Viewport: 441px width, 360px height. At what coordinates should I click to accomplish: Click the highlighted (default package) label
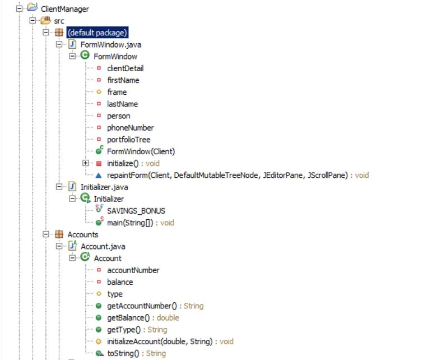(x=98, y=33)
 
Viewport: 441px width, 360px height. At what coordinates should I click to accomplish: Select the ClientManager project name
(x=64, y=9)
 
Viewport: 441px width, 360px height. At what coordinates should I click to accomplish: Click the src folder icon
(x=45, y=21)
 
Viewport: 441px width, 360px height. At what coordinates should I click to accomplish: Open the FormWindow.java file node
(x=111, y=45)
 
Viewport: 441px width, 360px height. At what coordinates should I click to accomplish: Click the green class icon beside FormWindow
(x=85, y=56)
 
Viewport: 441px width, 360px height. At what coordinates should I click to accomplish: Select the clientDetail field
(x=125, y=68)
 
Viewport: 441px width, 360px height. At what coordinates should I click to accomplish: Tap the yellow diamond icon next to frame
(x=99, y=92)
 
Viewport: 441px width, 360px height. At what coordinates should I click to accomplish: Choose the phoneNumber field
(x=130, y=128)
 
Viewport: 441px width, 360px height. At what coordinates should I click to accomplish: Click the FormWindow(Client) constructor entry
(x=141, y=151)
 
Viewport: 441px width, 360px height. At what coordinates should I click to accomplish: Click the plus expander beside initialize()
(x=86, y=163)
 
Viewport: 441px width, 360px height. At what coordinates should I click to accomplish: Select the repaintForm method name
(x=127, y=176)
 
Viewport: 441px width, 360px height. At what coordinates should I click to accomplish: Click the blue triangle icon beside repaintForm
(x=99, y=176)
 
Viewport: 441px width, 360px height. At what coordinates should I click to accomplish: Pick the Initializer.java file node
(x=104, y=187)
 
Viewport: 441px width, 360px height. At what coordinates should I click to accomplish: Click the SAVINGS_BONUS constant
(x=136, y=211)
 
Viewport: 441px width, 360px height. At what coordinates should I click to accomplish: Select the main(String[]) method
(x=130, y=223)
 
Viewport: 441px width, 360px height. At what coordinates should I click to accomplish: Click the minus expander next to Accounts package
(x=46, y=234)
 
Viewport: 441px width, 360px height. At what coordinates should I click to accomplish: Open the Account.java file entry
(x=103, y=247)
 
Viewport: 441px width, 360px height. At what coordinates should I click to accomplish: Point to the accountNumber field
(x=133, y=270)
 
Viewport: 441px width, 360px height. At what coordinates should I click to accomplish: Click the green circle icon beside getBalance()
(x=99, y=318)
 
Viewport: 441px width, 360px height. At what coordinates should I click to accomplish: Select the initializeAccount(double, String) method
(x=160, y=341)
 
